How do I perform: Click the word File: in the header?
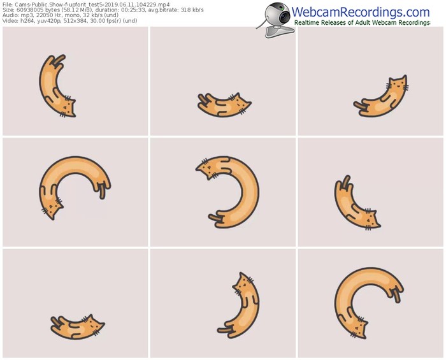click(x=7, y=4)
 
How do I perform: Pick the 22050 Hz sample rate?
click(x=48, y=15)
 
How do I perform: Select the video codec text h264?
click(x=26, y=21)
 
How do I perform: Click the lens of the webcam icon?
click(x=284, y=16)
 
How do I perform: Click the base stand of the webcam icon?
click(x=279, y=32)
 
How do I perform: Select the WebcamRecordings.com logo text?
click(x=361, y=12)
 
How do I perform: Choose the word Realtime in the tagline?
click(x=306, y=23)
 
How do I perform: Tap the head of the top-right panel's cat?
click(x=398, y=83)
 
